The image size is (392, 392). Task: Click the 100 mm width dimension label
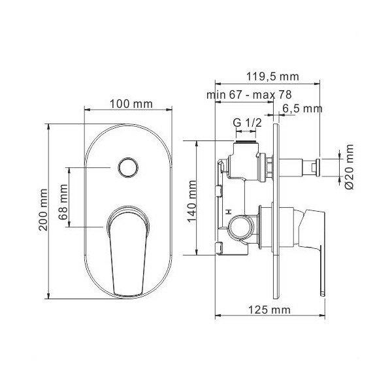point(131,104)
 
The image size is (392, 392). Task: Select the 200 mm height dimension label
point(44,210)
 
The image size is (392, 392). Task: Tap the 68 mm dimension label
point(63,202)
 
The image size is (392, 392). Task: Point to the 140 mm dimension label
point(192,201)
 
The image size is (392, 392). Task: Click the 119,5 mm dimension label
point(272,76)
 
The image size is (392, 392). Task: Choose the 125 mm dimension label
point(269,310)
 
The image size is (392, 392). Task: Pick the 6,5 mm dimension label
point(302,108)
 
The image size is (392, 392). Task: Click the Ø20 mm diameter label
point(350,167)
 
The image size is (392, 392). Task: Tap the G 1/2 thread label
point(247,123)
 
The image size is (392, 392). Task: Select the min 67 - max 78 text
point(249,95)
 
